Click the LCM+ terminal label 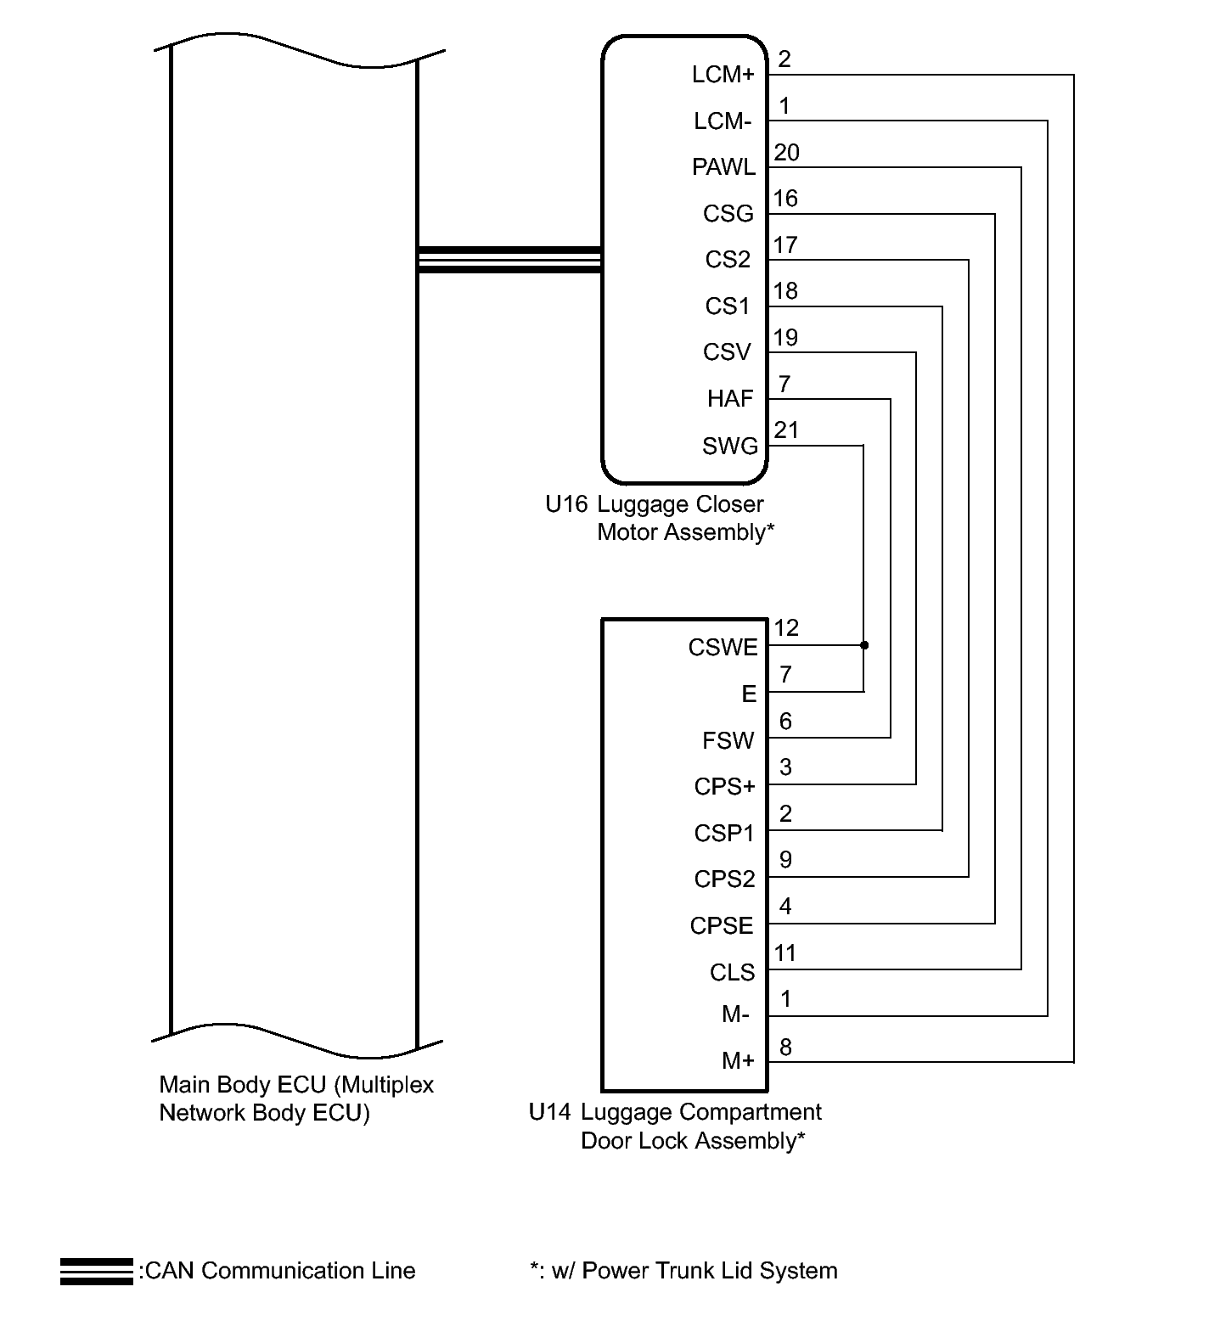pyautogui.click(x=723, y=76)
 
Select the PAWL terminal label pyautogui.click(x=723, y=167)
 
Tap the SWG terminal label pyautogui.click(x=729, y=447)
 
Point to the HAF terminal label pyautogui.click(x=730, y=399)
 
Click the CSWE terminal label pyautogui.click(x=723, y=648)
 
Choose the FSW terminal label pyautogui.click(x=728, y=741)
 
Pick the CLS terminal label pyautogui.click(x=732, y=973)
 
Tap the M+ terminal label pyautogui.click(x=737, y=1061)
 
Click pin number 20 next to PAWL pyautogui.click(x=786, y=153)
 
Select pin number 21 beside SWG pyautogui.click(x=786, y=430)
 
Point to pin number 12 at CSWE pyautogui.click(x=786, y=628)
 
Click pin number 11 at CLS pyautogui.click(x=785, y=953)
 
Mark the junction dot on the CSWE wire pyautogui.click(x=864, y=645)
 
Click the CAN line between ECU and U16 pyautogui.click(x=509, y=260)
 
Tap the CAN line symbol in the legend pyautogui.click(x=96, y=1272)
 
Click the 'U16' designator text pyautogui.click(x=566, y=504)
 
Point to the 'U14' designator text pyautogui.click(x=549, y=1112)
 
